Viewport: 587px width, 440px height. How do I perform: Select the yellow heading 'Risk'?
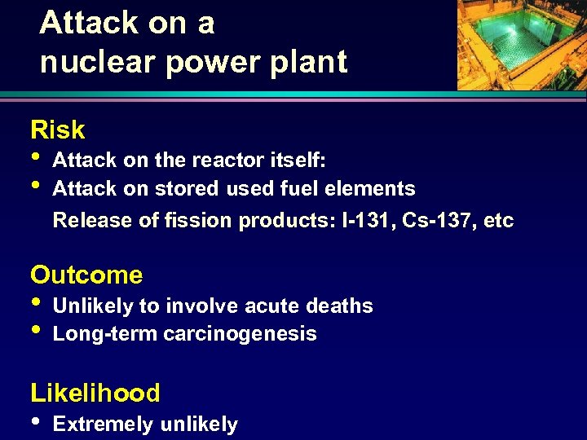coord(57,130)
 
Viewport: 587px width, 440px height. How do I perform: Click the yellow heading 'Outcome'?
coord(86,275)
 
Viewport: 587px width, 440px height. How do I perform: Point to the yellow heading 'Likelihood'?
coord(95,394)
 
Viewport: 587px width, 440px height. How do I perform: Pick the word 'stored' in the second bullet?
coord(179,189)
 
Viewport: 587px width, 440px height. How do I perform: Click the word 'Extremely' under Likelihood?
coord(103,425)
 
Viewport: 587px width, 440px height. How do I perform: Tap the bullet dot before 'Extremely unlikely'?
coord(37,421)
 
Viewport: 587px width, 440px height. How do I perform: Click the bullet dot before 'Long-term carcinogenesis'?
coord(37,330)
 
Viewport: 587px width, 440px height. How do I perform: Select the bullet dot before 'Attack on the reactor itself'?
coord(37,157)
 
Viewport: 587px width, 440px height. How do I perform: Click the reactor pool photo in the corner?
coord(521,44)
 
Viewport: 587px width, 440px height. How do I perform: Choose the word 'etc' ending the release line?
coord(498,220)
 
